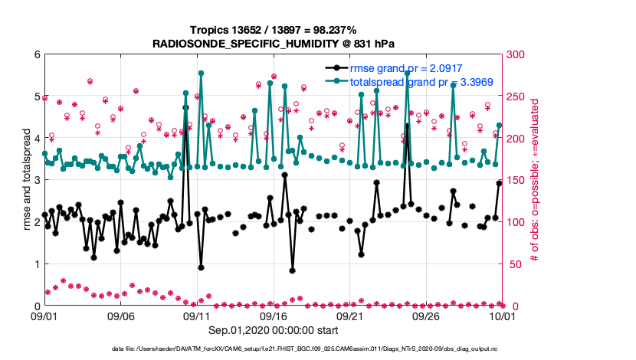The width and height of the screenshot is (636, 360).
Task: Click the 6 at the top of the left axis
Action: pos(35,54)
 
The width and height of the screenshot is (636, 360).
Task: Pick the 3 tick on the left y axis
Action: pos(35,180)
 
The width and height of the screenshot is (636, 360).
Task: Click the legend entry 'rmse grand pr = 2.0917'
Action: pos(406,68)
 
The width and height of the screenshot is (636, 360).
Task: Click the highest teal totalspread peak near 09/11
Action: pos(201,74)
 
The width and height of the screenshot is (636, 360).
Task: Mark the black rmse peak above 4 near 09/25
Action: pos(407,125)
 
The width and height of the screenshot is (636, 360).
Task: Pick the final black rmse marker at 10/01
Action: pos(500,183)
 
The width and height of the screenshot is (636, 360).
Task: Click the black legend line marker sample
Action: pos(336,68)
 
